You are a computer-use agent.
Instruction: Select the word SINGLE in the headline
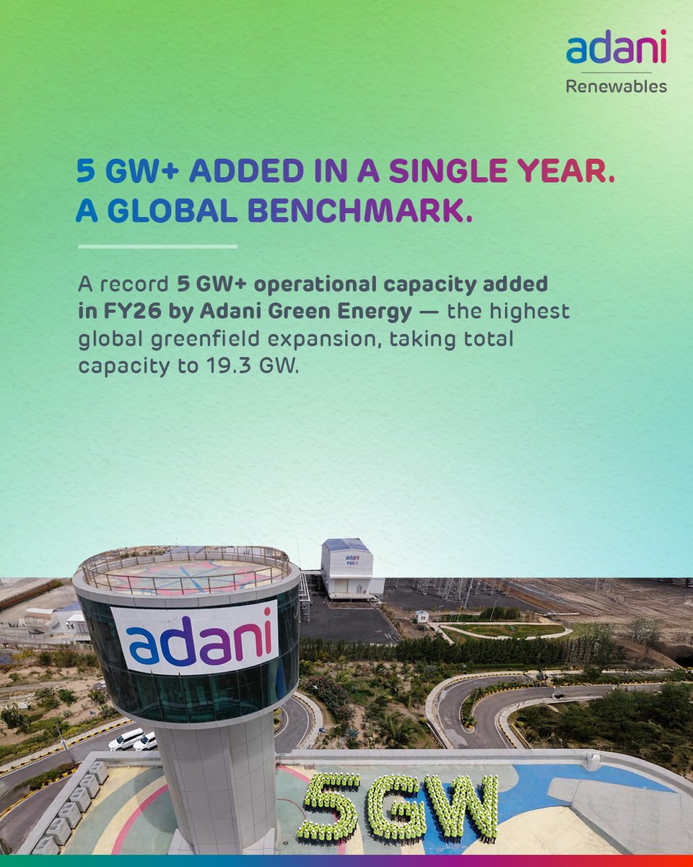[x=448, y=171]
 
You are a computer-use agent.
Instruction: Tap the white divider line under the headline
[x=157, y=247]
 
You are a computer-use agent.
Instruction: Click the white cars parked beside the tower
[x=133, y=739]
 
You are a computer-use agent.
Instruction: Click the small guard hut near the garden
[x=422, y=616]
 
